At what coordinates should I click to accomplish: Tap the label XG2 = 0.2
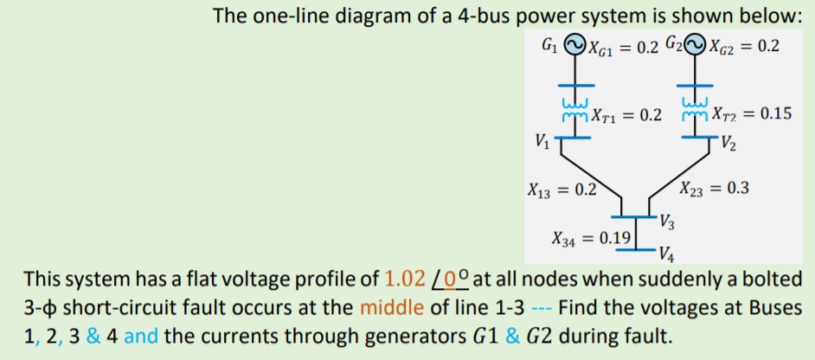742,46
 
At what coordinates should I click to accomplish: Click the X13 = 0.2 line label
562,189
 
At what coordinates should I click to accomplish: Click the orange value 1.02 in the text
405,280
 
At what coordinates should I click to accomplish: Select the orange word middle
388,308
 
